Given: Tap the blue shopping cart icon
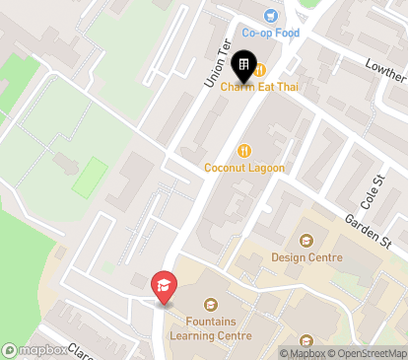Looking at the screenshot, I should point(271,15).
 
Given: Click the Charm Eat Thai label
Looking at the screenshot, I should point(259,88).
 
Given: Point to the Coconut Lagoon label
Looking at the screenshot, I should point(244,168).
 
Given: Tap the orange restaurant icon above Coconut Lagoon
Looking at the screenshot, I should point(243,150).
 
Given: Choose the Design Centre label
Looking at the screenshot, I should point(307,257).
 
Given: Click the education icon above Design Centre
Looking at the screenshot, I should point(306,240).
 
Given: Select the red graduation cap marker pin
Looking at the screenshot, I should point(164,287).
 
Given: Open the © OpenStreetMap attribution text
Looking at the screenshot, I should point(371,353).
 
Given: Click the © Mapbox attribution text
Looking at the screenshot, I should point(305,353).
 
